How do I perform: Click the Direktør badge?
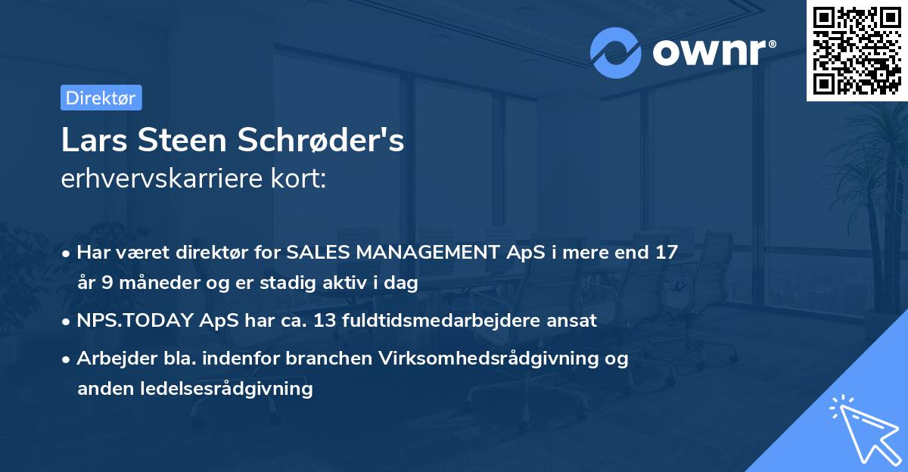pyautogui.click(x=101, y=98)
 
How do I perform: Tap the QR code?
pyautogui.click(x=857, y=50)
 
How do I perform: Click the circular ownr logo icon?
pyautogui.click(x=616, y=53)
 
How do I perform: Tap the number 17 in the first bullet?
pyautogui.click(x=666, y=253)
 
